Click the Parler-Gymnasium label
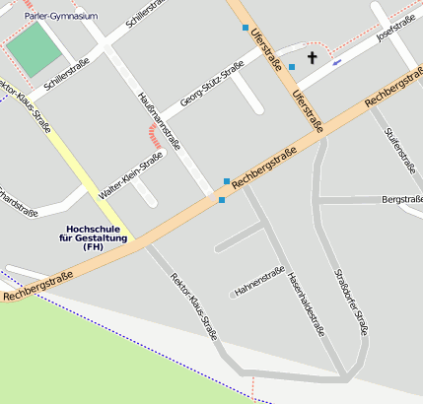[60, 15]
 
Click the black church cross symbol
[313, 57]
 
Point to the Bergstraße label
[401, 200]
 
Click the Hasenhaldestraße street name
[306, 304]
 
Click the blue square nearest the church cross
[292, 66]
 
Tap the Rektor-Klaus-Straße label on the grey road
[193, 305]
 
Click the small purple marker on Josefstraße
[338, 61]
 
